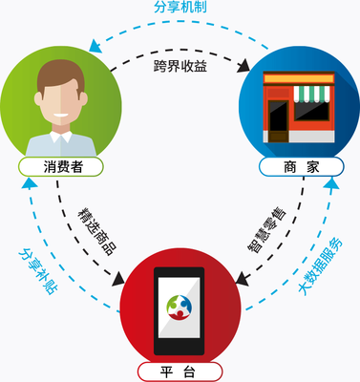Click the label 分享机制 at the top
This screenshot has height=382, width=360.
tap(180, 8)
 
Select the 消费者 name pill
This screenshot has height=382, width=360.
tap(63, 166)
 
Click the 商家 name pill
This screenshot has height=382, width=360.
tap(296, 166)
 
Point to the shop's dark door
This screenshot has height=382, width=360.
tap(278, 121)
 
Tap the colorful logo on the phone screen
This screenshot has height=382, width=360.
tap(180, 305)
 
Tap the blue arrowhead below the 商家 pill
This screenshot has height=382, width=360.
tap(330, 181)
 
